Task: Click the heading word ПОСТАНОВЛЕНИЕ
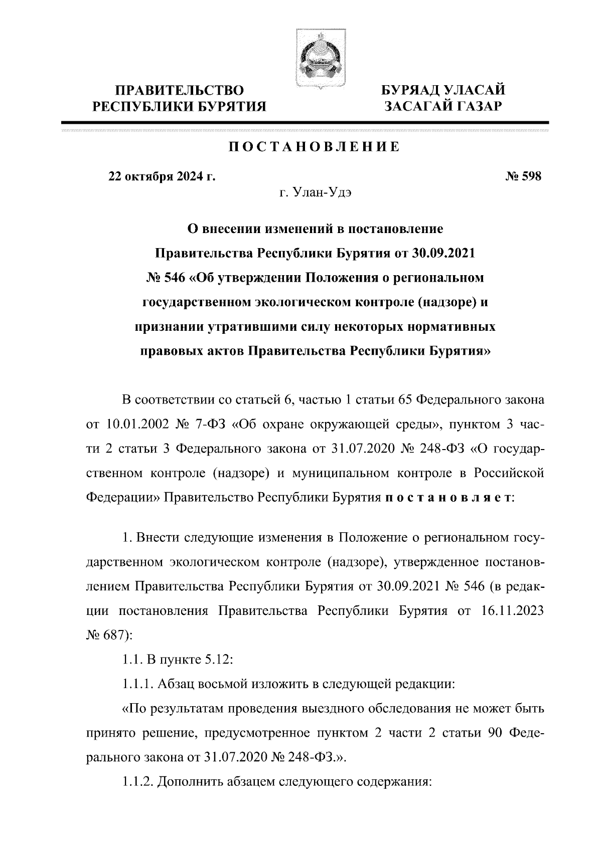click(315, 147)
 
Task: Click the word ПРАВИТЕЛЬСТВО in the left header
click(180, 91)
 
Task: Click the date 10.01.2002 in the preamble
click(133, 425)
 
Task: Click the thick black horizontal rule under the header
click(305, 122)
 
